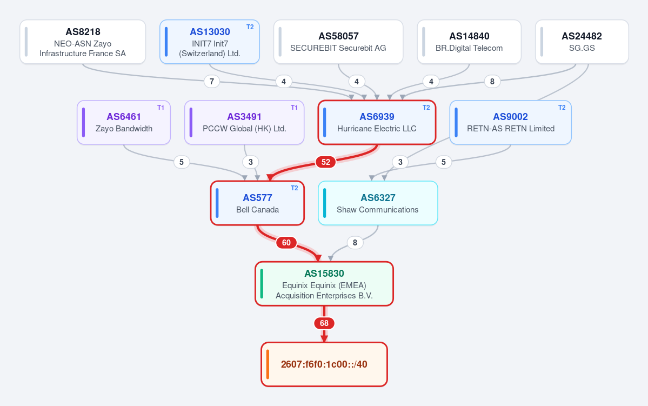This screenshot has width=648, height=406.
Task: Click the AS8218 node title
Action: click(83, 32)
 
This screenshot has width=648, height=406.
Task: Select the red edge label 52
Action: click(326, 162)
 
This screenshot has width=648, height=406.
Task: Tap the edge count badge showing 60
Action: click(286, 243)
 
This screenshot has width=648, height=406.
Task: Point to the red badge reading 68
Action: click(324, 323)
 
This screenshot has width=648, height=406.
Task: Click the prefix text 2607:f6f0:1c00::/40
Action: click(324, 364)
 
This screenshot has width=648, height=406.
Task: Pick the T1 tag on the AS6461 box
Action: click(161, 108)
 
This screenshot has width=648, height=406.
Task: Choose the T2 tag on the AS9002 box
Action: click(562, 108)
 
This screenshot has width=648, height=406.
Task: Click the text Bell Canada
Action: click(257, 210)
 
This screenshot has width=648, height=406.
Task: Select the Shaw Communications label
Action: click(377, 210)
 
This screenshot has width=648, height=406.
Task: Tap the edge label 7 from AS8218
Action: click(212, 82)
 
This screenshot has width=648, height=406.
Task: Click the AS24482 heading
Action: click(582, 36)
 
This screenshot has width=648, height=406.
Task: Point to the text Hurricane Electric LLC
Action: click(377, 129)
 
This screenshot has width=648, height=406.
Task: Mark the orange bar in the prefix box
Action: click(268, 364)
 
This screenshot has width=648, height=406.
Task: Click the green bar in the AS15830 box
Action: click(262, 284)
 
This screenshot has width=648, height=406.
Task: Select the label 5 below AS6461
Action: click(182, 162)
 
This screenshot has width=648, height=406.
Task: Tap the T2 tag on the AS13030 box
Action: click(250, 27)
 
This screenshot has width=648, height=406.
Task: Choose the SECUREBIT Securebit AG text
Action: click(338, 48)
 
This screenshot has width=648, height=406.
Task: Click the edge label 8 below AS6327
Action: click(355, 243)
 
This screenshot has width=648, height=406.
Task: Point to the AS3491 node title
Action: click(244, 117)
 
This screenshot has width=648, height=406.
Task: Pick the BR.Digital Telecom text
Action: click(469, 48)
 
